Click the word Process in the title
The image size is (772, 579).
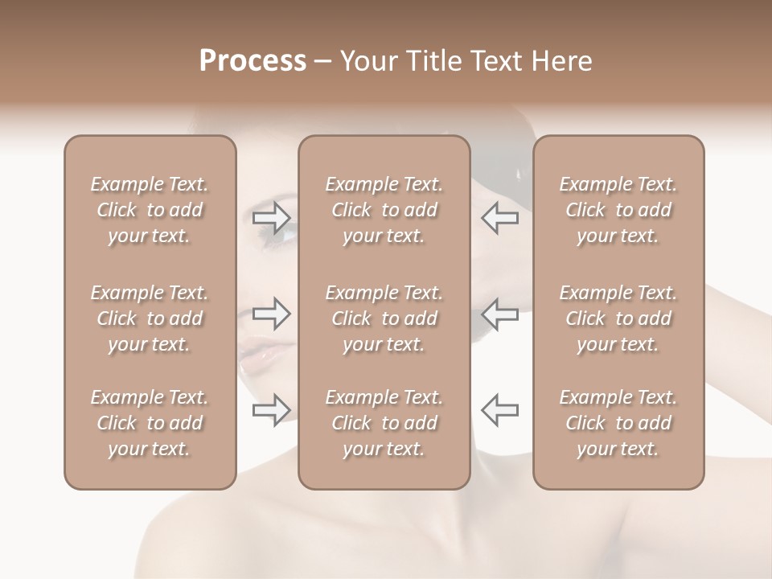(253, 61)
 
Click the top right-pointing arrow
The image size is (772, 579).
(272, 218)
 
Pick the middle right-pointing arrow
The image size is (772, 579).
(272, 314)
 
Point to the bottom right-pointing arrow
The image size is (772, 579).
(272, 409)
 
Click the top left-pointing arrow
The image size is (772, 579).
(499, 218)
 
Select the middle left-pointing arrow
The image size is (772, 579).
(499, 314)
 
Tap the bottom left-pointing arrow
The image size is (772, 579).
(499, 409)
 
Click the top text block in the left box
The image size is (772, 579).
(150, 210)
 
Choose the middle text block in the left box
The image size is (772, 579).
(150, 318)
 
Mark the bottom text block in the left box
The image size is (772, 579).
(150, 423)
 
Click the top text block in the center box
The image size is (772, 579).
(384, 210)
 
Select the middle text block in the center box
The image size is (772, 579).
(384, 318)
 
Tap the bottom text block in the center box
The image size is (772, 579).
(384, 423)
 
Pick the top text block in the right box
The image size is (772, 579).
(618, 210)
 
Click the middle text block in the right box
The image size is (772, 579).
(618, 318)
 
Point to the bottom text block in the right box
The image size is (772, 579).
(618, 423)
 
